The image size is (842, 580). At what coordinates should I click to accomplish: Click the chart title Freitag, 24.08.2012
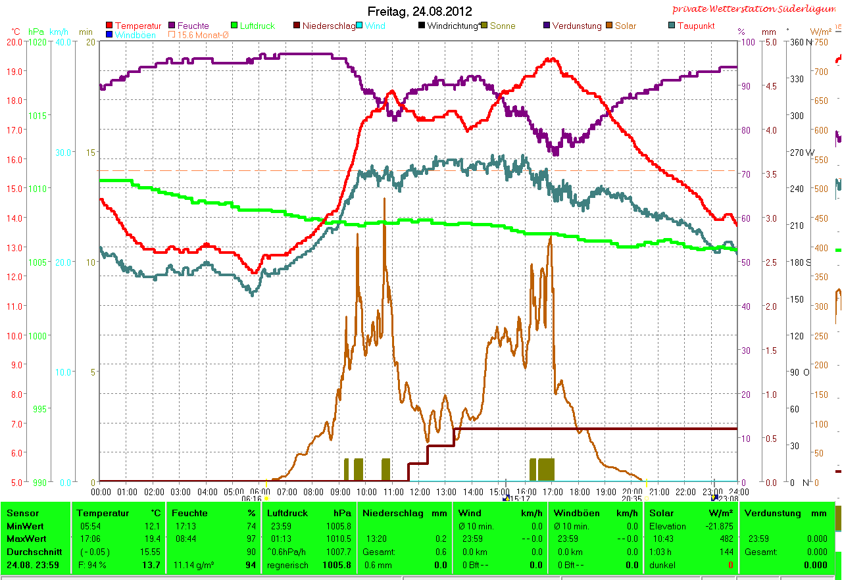420,11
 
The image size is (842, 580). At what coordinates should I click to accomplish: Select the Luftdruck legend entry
257,26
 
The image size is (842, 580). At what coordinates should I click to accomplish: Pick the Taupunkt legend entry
695,26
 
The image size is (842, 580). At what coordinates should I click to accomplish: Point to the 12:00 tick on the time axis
420,492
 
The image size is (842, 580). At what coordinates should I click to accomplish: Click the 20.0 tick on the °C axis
15,41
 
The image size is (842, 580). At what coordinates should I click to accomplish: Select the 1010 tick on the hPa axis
37,188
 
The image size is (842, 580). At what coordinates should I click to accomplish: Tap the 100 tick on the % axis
746,41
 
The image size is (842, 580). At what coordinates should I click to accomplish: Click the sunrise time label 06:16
251,499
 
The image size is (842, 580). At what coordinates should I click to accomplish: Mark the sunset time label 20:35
631,499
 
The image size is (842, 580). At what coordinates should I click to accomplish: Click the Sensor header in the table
23,513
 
